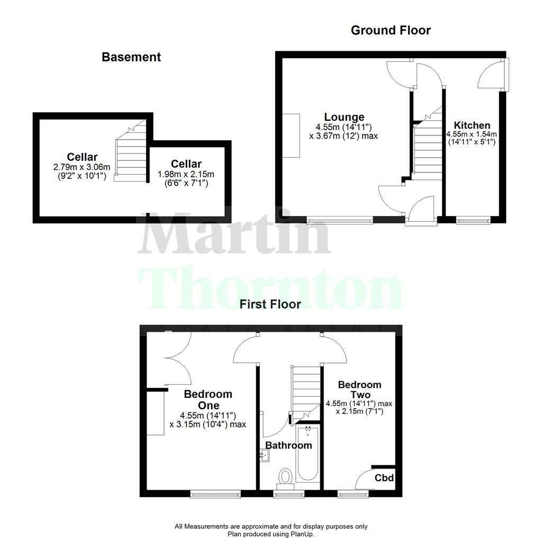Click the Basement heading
tap(131, 57)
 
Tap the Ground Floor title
tap(391, 30)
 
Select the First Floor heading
tap(270, 304)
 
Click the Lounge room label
tap(344, 117)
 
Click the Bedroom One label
tap(208, 400)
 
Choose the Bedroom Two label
tap(359, 390)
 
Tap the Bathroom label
tap(288, 445)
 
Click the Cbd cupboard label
tap(384, 478)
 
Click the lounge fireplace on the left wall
tap(292, 135)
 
